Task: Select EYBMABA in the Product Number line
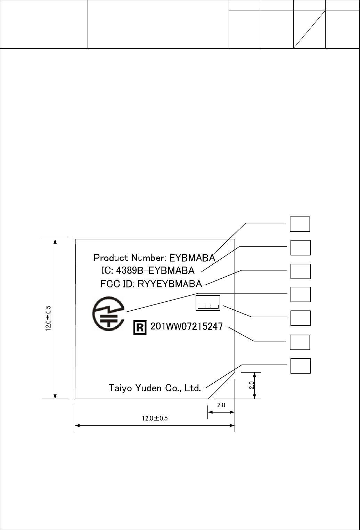coord(192,258)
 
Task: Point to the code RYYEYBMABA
coord(170,284)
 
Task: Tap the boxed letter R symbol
coord(140,327)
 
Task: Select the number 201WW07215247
coord(187,327)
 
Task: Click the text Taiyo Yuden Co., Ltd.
coord(155,388)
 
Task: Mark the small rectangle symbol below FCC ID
coord(208,303)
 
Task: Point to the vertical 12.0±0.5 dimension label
coord(48,319)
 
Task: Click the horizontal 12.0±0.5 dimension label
coord(155,418)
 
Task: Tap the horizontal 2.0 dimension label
coord(221,405)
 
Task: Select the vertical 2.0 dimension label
coord(252,385)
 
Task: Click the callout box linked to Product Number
coord(300,224)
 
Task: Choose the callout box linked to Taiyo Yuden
coord(300,366)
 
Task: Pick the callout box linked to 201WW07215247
coord(300,342)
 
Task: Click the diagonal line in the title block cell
coord(309,29)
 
